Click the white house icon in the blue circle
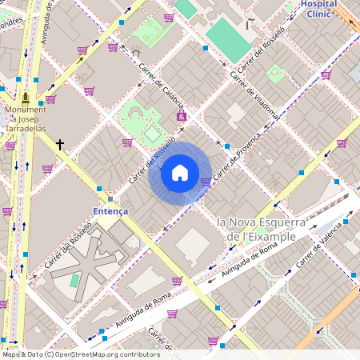[x=180, y=173]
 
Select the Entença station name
[x=110, y=210]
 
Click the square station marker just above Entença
[x=110, y=198]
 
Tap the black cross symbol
[x=60, y=145]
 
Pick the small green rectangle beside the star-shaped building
[x=74, y=281]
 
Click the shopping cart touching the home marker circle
[x=206, y=182]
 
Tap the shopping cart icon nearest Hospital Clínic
[x=326, y=75]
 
